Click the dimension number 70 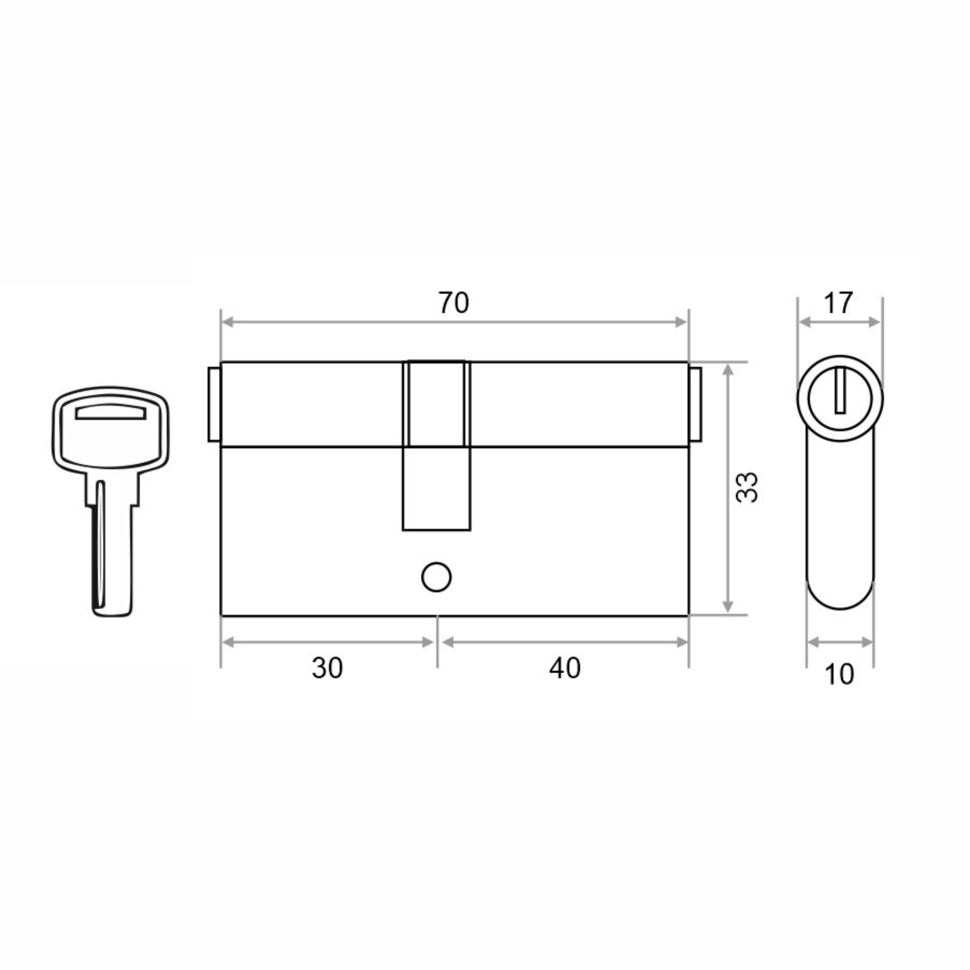pyautogui.click(x=454, y=303)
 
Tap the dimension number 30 pyautogui.click(x=327, y=668)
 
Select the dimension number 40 pyautogui.click(x=565, y=668)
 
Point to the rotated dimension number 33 pyautogui.click(x=746, y=487)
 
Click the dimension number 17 pyautogui.click(x=839, y=303)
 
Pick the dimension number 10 pyautogui.click(x=839, y=674)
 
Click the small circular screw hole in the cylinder pyautogui.click(x=436, y=577)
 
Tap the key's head pyautogui.click(x=111, y=430)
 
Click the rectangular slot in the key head pyautogui.click(x=111, y=412)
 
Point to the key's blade pyautogui.click(x=112, y=547)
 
